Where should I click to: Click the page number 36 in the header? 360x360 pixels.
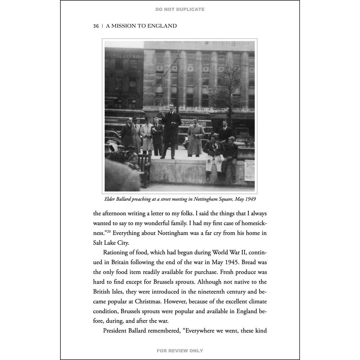click(x=96, y=26)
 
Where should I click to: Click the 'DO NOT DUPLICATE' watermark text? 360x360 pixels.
click(x=180, y=9)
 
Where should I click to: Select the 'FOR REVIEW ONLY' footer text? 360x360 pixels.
click(x=180, y=351)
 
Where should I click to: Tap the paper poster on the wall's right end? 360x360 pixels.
click(x=249, y=170)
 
